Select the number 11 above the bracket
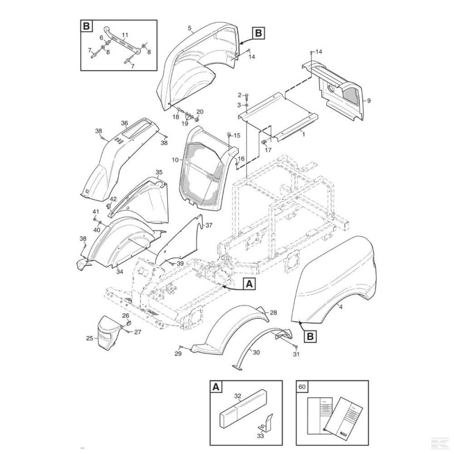point(125,35)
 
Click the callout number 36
point(124,123)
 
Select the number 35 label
point(159,172)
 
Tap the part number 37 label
point(209,225)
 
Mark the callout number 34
point(120,271)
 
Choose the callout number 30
point(256,352)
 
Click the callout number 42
point(113,199)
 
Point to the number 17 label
point(268,150)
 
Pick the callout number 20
point(199,112)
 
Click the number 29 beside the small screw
point(177,354)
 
